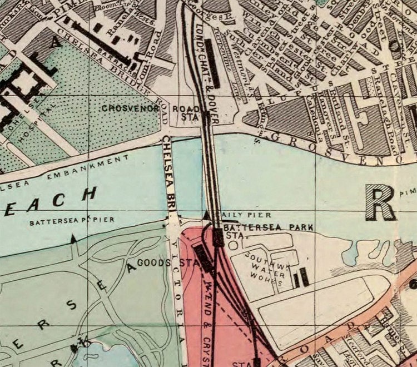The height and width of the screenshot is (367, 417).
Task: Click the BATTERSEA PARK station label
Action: (x=269, y=228)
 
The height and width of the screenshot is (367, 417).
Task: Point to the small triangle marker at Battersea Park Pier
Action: (x=73, y=239)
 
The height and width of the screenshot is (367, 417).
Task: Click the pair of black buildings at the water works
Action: (x=301, y=277)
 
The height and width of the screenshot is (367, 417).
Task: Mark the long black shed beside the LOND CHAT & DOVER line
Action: (x=212, y=62)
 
